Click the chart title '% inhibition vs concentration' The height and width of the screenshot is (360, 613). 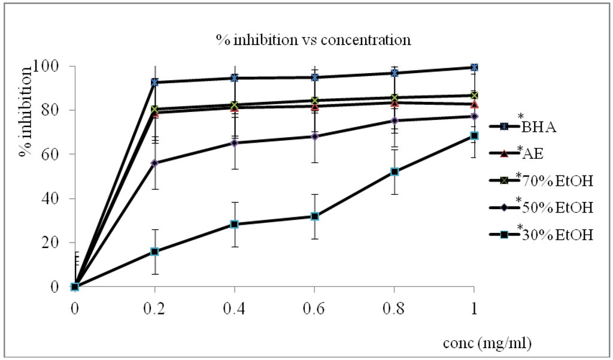coord(314,40)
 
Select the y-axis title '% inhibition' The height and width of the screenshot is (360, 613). coord(26,111)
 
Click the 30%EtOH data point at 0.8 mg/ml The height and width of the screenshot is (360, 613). coord(394,172)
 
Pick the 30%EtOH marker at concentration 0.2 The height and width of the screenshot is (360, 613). coord(154,252)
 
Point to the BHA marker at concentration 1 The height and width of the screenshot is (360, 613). coord(474,68)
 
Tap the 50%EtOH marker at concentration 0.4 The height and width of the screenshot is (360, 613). coord(235,143)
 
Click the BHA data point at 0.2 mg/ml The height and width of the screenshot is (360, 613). coord(154,82)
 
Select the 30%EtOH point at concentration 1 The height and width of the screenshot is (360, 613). coord(474,136)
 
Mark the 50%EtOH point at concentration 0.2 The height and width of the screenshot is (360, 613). coord(154,164)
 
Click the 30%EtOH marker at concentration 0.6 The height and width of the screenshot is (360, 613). coord(314,216)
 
